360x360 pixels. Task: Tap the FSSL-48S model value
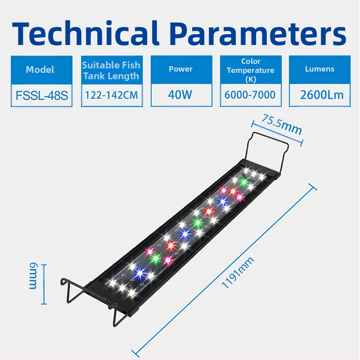(x=41, y=95)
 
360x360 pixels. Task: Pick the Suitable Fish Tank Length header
(x=111, y=70)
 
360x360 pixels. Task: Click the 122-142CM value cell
(x=111, y=95)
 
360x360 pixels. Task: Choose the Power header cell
(x=180, y=69)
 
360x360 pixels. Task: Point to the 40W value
(x=180, y=95)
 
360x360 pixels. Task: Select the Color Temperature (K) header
(x=251, y=70)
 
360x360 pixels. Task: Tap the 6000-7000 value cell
(x=251, y=95)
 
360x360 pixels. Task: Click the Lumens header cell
(x=319, y=69)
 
